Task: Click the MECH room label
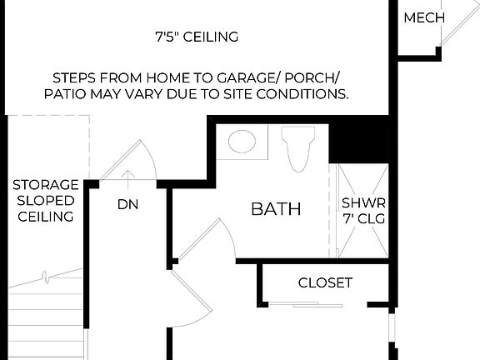pyautogui.click(x=424, y=17)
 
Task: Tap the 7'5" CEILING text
pyautogui.click(x=197, y=37)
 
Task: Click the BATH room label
pyautogui.click(x=276, y=209)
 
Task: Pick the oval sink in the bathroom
pyautogui.click(x=242, y=142)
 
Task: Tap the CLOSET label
pyautogui.click(x=325, y=282)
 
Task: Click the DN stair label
pyautogui.click(x=127, y=204)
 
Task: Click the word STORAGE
pyautogui.click(x=45, y=184)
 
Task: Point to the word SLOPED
pyautogui.click(x=45, y=200)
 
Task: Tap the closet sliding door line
pyautogui.click(x=306, y=305)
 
